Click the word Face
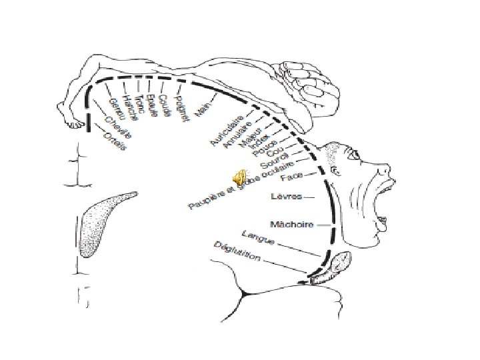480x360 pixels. pos(292,177)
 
